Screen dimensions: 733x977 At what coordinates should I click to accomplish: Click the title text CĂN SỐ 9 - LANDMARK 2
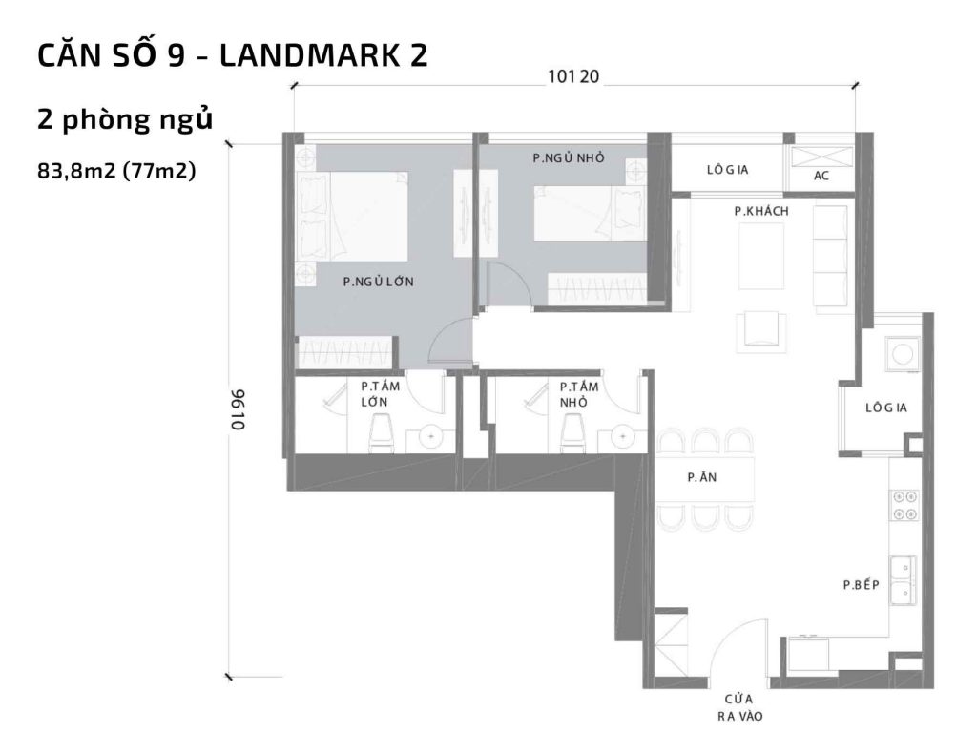[x=232, y=55]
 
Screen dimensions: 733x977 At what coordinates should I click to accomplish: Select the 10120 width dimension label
[x=572, y=77]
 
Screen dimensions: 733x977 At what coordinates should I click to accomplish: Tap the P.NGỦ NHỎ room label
[x=568, y=157]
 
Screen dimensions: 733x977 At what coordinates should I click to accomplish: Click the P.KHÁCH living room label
[x=760, y=211]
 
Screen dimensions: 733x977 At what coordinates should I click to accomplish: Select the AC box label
[x=821, y=177]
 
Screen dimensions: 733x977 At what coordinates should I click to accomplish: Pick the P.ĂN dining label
[x=696, y=479]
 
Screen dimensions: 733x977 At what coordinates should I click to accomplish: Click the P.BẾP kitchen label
[x=860, y=585]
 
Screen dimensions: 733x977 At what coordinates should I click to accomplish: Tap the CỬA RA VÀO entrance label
[x=741, y=705]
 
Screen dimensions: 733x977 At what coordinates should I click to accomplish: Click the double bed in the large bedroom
[x=355, y=215]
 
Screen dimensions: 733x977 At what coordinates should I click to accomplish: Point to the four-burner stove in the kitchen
[x=903, y=505]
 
